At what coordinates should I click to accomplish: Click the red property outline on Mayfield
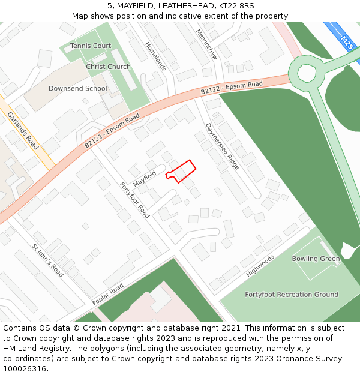pyautogui.click(x=182, y=172)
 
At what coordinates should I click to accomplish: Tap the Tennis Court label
pyautogui.click(x=91, y=46)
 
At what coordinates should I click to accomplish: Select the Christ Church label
pyautogui.click(x=108, y=67)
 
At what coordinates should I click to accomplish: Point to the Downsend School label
pyautogui.click(x=78, y=89)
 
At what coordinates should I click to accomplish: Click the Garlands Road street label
pyautogui.click(x=23, y=131)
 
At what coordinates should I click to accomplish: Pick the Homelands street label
pyautogui.click(x=155, y=56)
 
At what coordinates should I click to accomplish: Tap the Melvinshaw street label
pyautogui.click(x=206, y=44)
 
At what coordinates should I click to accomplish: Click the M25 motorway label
pyautogui.click(x=347, y=41)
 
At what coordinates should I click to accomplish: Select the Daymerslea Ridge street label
pyautogui.click(x=222, y=146)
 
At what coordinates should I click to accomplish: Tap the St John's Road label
pyautogui.click(x=47, y=260)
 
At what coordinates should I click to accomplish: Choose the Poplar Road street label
pyautogui.click(x=108, y=293)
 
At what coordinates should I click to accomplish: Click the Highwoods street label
pyautogui.click(x=260, y=266)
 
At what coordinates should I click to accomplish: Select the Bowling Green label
pyautogui.click(x=316, y=259)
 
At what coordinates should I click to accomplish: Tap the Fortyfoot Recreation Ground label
pyautogui.click(x=292, y=295)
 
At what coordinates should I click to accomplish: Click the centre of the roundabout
pyautogui.click(x=307, y=73)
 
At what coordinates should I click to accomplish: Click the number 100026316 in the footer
pyautogui.click(x=23, y=368)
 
